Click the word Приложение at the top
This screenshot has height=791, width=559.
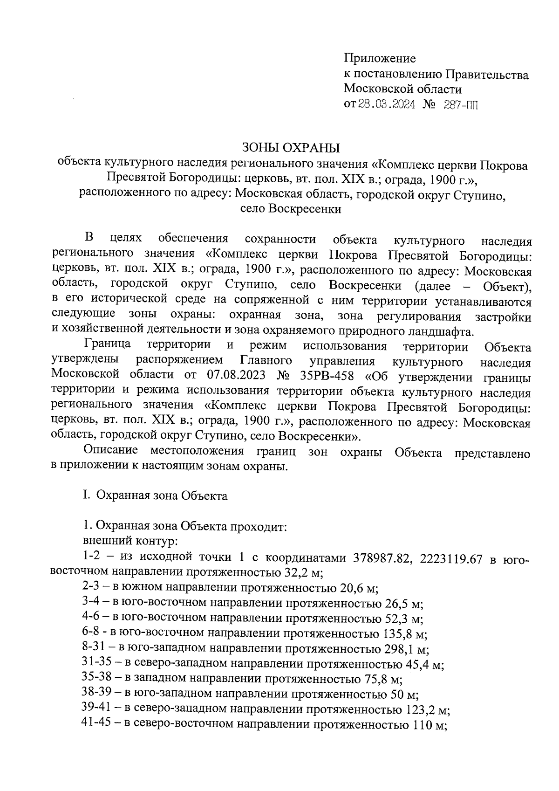(x=380, y=59)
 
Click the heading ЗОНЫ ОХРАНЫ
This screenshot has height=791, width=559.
(x=291, y=148)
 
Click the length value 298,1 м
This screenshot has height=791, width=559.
(x=407, y=649)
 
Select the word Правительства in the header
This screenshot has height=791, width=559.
(x=487, y=74)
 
